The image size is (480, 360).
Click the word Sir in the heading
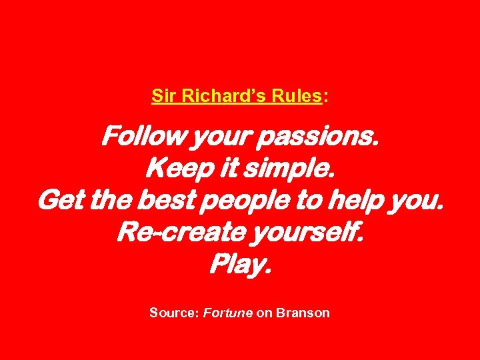tap(162, 96)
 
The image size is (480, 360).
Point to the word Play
tap(240, 265)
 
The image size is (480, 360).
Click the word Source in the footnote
tap(173, 312)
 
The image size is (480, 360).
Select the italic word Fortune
tap(228, 312)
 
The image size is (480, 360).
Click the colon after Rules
tap(325, 97)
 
